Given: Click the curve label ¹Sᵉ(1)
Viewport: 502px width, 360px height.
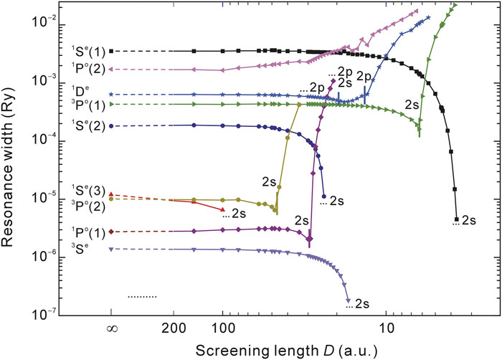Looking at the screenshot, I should (88, 51).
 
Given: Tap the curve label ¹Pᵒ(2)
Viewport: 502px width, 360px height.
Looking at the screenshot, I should (88, 69).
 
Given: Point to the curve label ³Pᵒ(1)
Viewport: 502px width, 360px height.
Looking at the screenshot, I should (88, 105).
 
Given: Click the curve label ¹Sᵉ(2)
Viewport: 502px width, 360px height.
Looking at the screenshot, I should (88, 126).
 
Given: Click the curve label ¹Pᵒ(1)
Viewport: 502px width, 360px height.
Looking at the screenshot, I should (88, 232).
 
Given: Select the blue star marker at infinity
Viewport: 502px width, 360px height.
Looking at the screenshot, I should (111, 95).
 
